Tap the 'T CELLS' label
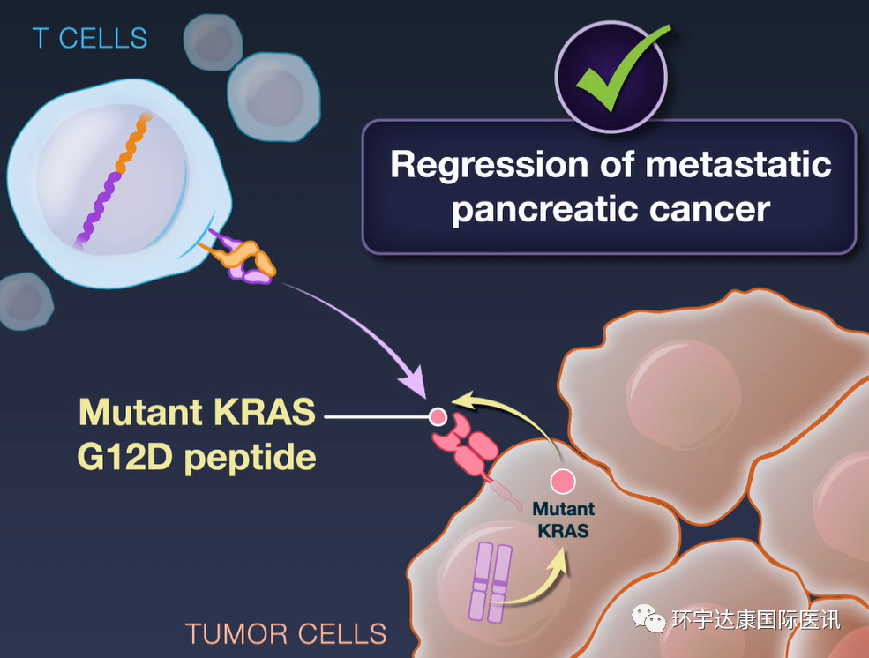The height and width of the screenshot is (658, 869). [x=90, y=38]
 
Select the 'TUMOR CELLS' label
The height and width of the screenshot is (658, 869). [x=286, y=633]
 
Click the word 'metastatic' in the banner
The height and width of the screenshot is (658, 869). [x=738, y=164]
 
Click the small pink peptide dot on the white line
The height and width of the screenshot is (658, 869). [x=438, y=416]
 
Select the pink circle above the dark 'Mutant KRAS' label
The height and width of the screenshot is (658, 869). [x=563, y=482]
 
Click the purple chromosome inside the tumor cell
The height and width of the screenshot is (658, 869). [x=490, y=582]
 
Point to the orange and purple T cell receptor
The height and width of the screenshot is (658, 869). [x=239, y=258]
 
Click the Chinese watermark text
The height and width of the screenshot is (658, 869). [x=756, y=619]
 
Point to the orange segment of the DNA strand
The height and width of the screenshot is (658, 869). [x=133, y=144]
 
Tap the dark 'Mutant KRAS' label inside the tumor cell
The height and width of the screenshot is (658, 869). [x=563, y=520]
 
